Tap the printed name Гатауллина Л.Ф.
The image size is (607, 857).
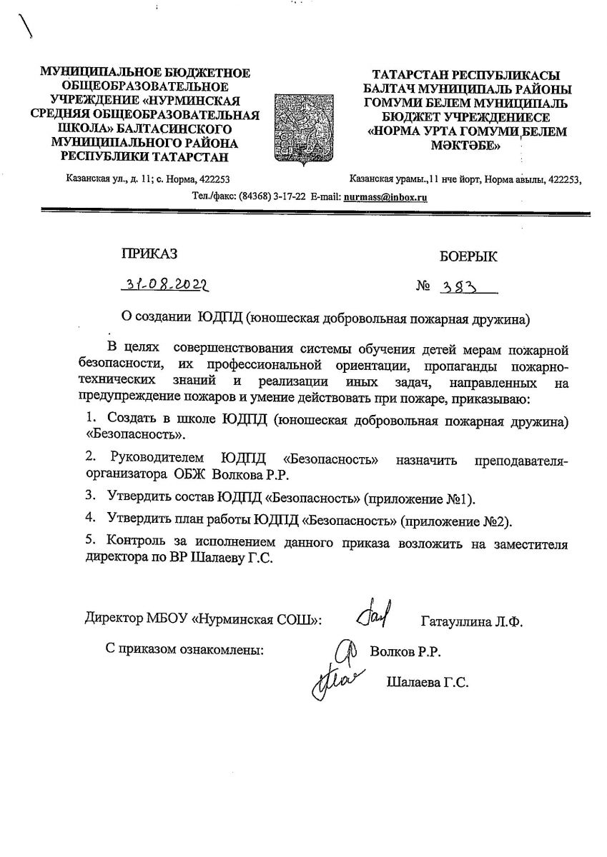pyautogui.click(x=472, y=621)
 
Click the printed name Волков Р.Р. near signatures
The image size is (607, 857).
pyautogui.click(x=405, y=652)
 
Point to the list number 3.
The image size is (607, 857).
pyautogui.click(x=90, y=495)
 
